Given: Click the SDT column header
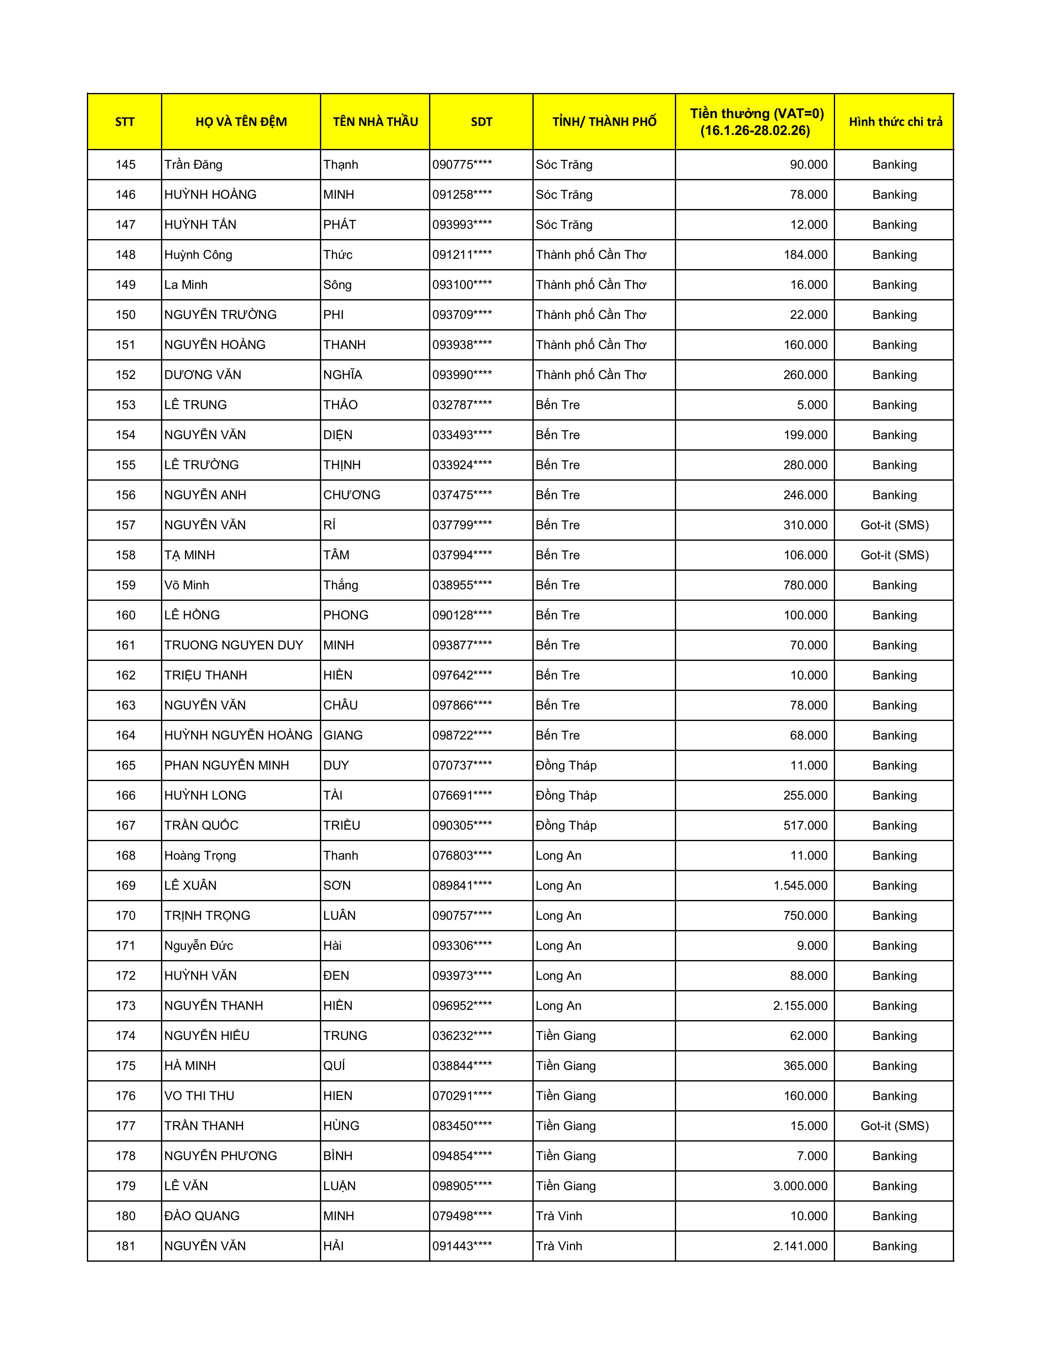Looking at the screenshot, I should pos(481,122).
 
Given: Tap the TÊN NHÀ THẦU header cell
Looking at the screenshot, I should pos(375,122).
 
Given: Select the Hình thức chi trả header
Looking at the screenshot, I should pos(894,122).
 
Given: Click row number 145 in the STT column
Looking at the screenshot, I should pos(125,165).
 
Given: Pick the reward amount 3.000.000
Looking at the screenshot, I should pos(800,1186).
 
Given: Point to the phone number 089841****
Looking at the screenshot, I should pos(462,886).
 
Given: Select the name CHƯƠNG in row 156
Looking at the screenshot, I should pos(352,495).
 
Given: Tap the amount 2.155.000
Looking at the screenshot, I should pos(800,1005).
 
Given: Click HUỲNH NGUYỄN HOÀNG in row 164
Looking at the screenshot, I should pos(238,735).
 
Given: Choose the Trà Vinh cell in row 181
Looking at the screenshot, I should pos(559,1246).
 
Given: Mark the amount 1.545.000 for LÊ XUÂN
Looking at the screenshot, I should pos(800,886).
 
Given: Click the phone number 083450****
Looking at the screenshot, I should pos(462,1125).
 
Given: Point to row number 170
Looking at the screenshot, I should pos(125,915).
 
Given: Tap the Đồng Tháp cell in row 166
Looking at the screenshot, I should pos(566,795).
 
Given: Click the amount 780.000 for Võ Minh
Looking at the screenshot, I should pos(805,585).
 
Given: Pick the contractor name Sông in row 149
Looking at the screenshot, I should pos(337,285).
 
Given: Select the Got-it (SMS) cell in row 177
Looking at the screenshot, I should pos(894,1125).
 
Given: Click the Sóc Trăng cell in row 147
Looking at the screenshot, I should pos(564,224).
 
